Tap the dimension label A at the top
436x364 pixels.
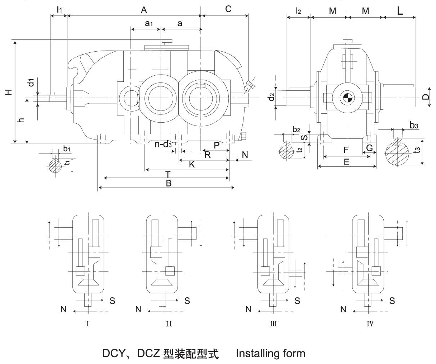144,10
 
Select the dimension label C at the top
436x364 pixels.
228,9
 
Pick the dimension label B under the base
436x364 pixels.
169,183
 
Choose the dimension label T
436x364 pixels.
167,174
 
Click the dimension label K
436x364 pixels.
192,165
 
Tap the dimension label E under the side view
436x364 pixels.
346,162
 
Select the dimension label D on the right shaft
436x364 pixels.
426,97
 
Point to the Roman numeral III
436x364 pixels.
273,324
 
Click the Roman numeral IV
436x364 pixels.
370,324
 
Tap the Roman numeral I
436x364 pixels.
87,324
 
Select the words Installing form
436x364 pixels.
271,354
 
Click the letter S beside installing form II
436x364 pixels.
187,301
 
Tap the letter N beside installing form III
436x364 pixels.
248,309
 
